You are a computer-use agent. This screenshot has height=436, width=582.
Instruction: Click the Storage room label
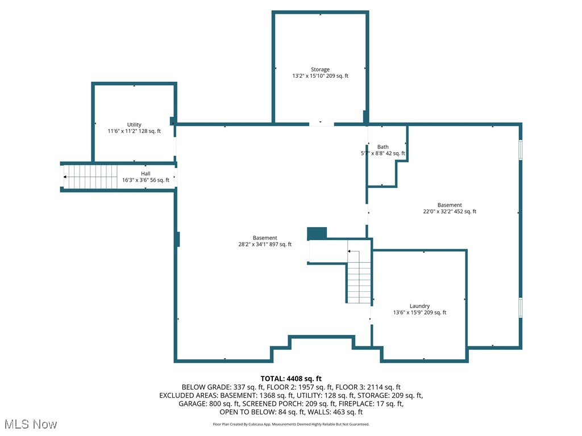[320, 70]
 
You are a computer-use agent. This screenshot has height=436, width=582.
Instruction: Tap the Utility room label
[134, 125]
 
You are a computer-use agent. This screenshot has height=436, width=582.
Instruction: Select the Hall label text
[146, 174]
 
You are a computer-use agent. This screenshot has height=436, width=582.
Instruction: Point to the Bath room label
[383, 147]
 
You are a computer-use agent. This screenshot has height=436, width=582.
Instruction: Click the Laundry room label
[419, 306]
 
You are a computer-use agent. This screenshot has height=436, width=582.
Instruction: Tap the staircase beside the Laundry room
[359, 278]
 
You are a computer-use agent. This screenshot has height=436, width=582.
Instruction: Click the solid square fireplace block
[317, 233]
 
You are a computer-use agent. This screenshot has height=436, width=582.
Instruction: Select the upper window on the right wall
[519, 150]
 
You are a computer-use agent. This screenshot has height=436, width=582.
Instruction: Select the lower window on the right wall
[519, 307]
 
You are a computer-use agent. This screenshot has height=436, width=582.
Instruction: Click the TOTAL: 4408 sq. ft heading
[291, 379]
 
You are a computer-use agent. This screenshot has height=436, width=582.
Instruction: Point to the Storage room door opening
[321, 123]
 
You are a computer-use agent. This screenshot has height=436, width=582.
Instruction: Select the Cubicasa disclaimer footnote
[291, 424]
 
